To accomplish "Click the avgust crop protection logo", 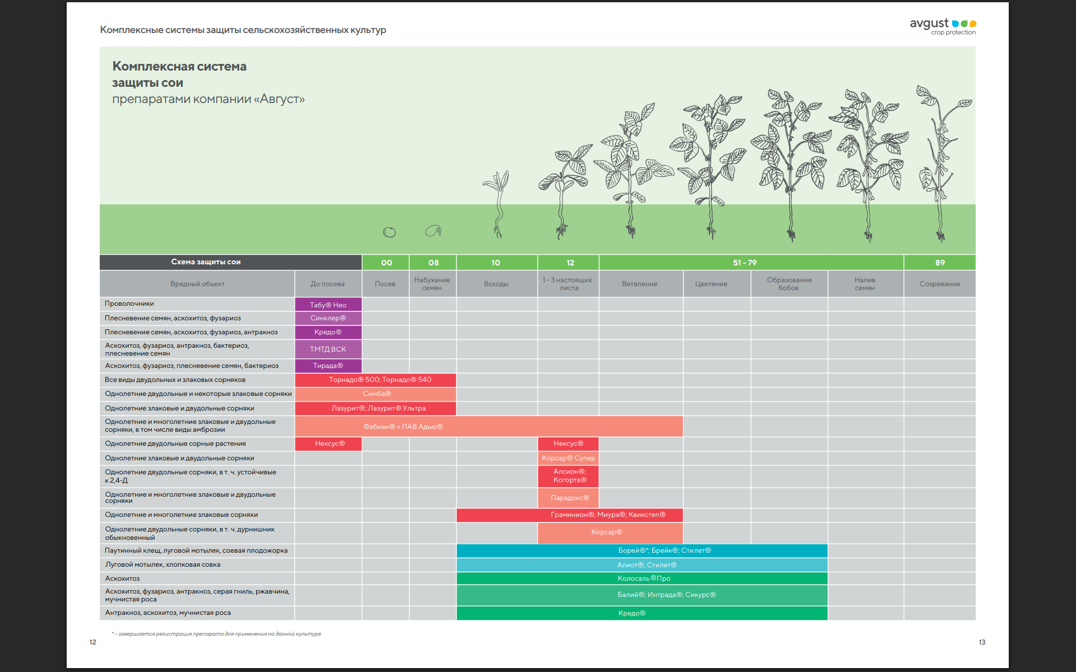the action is (x=943, y=26).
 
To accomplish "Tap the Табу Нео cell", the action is (x=328, y=305).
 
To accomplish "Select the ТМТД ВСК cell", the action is (x=328, y=349).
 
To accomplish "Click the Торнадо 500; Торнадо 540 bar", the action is (x=375, y=380).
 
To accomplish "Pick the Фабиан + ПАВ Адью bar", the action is (x=489, y=426).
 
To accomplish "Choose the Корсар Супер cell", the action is (x=568, y=458).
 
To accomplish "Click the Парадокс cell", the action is (x=568, y=498).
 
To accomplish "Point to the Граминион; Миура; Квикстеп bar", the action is (x=569, y=515).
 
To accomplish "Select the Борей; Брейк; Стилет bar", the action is (x=642, y=550).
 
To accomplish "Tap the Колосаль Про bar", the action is (x=642, y=578).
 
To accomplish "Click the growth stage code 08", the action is (x=433, y=263).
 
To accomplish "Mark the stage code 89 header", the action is (x=940, y=263).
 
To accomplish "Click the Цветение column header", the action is (x=711, y=284).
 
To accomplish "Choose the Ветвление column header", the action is (x=640, y=284).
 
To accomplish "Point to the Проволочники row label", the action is (x=129, y=304).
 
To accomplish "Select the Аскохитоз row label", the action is (x=122, y=578).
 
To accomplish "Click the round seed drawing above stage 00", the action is (x=389, y=232).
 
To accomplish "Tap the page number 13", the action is (x=982, y=642).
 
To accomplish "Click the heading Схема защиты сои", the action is (x=206, y=262).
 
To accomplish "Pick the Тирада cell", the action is (x=328, y=366).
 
